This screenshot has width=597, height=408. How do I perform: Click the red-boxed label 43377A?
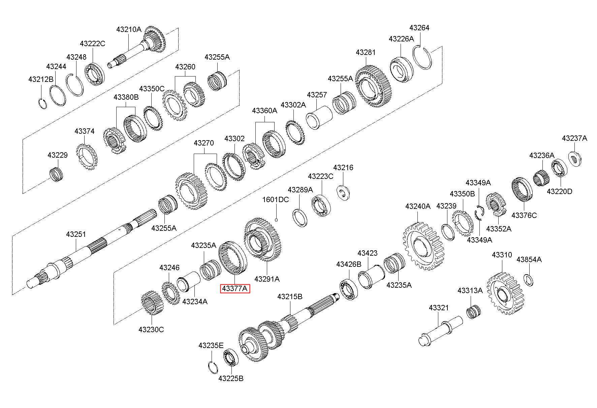[x=235, y=289]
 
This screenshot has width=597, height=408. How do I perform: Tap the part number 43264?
[x=419, y=28]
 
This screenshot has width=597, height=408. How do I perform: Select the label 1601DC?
[x=276, y=199]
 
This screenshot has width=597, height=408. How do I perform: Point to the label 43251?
[x=76, y=234]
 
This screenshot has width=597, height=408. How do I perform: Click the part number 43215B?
[x=290, y=296]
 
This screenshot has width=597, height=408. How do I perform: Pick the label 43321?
[x=439, y=308]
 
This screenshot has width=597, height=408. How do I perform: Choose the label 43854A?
[x=529, y=259]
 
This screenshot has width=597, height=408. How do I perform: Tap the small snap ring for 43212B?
[x=42, y=103]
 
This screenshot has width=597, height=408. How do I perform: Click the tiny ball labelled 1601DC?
[x=276, y=220]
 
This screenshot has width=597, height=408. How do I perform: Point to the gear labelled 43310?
[x=505, y=293]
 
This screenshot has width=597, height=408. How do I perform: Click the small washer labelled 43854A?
[x=529, y=280]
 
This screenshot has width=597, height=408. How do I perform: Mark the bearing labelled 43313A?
[x=473, y=311]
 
